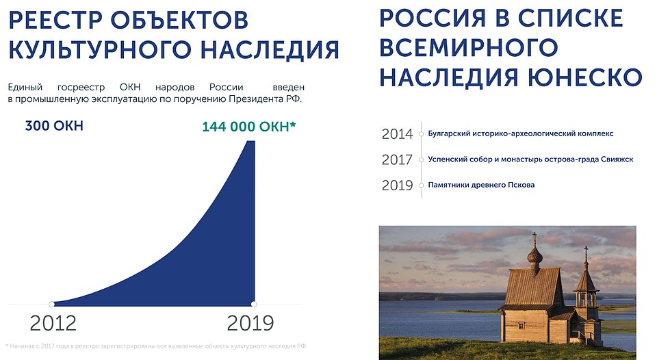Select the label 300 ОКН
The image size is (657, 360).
coord(54,126)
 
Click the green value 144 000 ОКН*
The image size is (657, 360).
coord(249,127)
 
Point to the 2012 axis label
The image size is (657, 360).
coord(53,323)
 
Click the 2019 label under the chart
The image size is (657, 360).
coord(250,323)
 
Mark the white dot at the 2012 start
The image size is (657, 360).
coord(51,305)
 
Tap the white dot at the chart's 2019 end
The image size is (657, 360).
coord(253,304)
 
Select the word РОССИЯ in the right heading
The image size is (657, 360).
coord(433,18)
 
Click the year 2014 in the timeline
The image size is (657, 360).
coord(397,134)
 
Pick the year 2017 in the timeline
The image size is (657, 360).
coord(397,159)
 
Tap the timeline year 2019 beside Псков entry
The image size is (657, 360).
coord(397,185)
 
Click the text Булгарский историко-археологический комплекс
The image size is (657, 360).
coord(520,133)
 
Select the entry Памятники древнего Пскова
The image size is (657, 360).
coord(481,185)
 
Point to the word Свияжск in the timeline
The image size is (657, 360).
coord(617,159)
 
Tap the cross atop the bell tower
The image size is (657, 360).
coord(587,252)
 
